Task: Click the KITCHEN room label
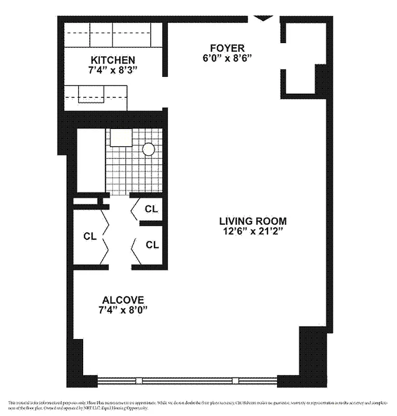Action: pyautogui.click(x=113, y=60)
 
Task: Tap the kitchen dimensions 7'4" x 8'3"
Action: pyautogui.click(x=113, y=69)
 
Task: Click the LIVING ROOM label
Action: pyautogui.click(x=253, y=221)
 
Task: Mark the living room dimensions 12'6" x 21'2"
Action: pyautogui.click(x=253, y=231)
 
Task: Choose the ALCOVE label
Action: pyautogui.click(x=123, y=300)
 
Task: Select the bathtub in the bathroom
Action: pyautogui.click(x=91, y=160)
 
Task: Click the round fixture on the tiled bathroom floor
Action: pyautogui.click(x=149, y=150)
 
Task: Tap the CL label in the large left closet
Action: pyautogui.click(x=90, y=236)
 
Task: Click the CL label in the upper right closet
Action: pyautogui.click(x=151, y=209)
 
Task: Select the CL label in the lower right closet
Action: pyautogui.click(x=152, y=245)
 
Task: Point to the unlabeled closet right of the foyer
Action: pyautogui.click(x=300, y=57)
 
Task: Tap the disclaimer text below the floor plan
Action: pyautogui.click(x=198, y=405)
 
